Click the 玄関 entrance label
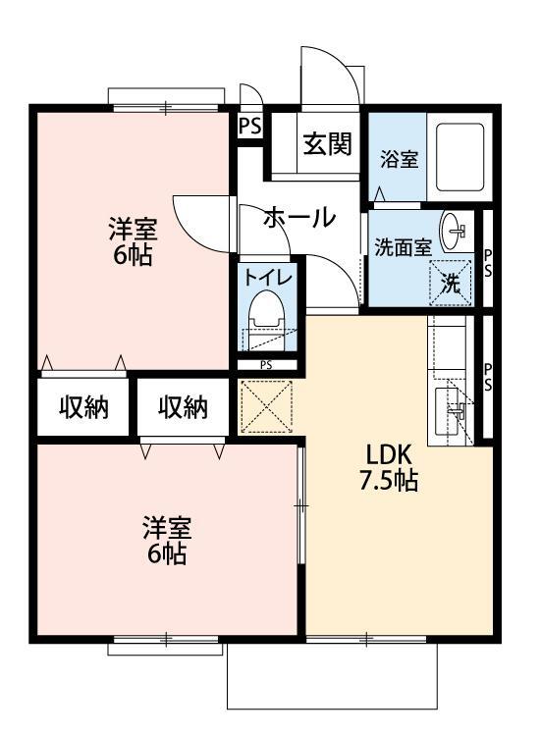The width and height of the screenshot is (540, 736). pyautogui.click(x=327, y=145)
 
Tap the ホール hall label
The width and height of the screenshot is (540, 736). pyautogui.click(x=298, y=218)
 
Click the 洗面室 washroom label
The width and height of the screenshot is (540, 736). pyautogui.click(x=403, y=247)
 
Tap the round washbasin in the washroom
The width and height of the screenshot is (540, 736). pyautogui.click(x=457, y=231)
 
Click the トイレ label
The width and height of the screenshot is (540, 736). pyautogui.click(x=268, y=278)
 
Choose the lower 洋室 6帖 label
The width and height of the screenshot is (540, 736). pyautogui.click(x=166, y=540)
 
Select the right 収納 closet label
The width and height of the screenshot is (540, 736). pyautogui.click(x=184, y=407)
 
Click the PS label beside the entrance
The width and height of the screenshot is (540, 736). pyautogui.click(x=249, y=126)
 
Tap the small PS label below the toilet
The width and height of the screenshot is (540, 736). pyautogui.click(x=266, y=365)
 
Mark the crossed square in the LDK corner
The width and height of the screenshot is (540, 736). pyautogui.click(x=266, y=404)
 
